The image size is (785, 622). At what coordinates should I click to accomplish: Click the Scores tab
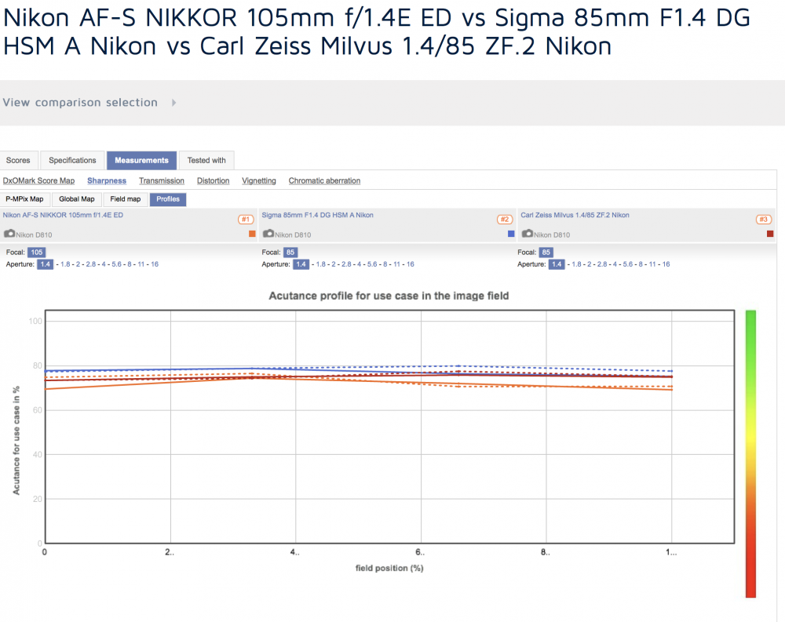[x=19, y=161]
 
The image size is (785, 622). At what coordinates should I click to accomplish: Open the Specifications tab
[x=72, y=161]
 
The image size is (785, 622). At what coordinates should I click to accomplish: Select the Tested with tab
[x=206, y=161]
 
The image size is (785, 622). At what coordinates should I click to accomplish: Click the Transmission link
[x=162, y=180]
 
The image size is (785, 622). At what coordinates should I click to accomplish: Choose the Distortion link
[x=214, y=180]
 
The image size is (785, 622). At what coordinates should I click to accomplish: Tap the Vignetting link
[x=259, y=180]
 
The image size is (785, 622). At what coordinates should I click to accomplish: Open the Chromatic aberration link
[x=324, y=180]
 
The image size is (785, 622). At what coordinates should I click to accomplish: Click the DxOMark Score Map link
[x=38, y=180]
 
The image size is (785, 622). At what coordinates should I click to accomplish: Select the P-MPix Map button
[x=24, y=199]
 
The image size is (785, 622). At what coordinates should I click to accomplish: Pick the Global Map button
[x=77, y=199]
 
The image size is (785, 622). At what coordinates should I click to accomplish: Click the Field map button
[x=125, y=199]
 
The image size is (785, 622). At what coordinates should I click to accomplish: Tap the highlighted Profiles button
[x=168, y=199]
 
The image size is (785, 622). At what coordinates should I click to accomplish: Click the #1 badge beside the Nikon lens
[x=246, y=219]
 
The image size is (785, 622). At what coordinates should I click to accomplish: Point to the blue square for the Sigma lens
[x=511, y=234]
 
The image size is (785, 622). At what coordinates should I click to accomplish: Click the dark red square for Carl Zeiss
[x=770, y=234]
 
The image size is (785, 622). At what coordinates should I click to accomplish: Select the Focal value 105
[x=37, y=253]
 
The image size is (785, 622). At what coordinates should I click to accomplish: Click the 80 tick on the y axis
[x=38, y=366]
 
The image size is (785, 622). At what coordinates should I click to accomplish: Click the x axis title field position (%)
[x=389, y=568]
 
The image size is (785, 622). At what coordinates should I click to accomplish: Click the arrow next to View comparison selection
[x=173, y=103]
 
